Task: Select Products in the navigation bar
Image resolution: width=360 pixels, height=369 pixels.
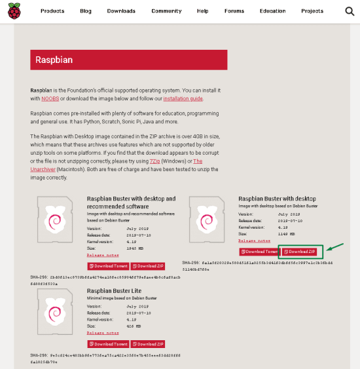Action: tap(52, 11)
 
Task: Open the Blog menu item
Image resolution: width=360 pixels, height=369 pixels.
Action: tap(86, 11)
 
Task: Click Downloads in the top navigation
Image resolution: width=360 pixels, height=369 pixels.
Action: tap(122, 11)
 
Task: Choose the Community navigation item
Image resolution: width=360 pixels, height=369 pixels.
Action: tap(166, 11)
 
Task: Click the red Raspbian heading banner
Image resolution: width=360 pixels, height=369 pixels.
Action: tap(128, 60)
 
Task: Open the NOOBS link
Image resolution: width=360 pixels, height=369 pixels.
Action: tap(50, 98)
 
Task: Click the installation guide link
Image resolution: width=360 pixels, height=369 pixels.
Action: tap(183, 98)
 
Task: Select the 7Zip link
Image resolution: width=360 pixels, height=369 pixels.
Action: tap(154, 161)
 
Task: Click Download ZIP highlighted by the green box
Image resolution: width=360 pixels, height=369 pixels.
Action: tap(300, 252)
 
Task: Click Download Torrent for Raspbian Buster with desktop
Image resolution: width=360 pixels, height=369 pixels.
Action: tap(259, 252)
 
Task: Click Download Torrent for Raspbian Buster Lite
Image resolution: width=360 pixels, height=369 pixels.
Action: tap(108, 343)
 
